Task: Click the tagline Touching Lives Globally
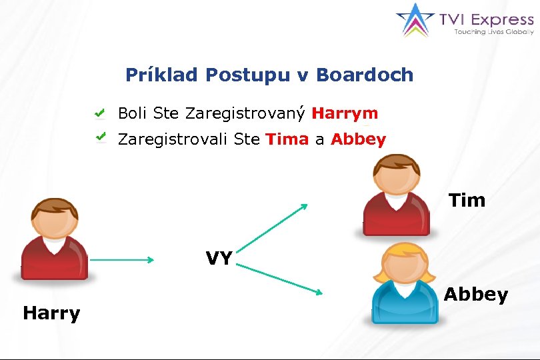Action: coord(493,31)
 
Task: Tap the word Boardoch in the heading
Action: coord(365,75)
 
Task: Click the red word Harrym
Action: coord(345,113)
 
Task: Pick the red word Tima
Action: coord(287,139)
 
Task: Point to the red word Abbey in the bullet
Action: coord(358,139)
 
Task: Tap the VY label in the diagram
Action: coord(219,259)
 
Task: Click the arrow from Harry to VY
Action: coord(121,260)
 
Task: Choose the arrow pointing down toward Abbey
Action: coord(280,279)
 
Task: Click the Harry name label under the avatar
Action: coord(51,313)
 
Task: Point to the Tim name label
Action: coord(467,200)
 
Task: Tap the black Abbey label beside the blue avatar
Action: coord(475,294)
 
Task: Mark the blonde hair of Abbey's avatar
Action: coord(402,257)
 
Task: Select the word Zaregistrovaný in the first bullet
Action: coord(245,113)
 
